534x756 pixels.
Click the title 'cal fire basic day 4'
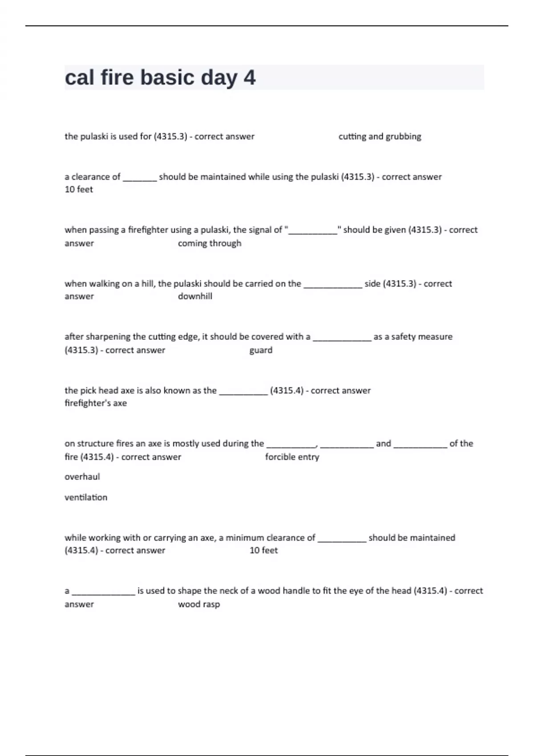[x=160, y=77]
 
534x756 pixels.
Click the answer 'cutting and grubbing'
[x=380, y=137]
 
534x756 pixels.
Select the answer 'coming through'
[x=210, y=243]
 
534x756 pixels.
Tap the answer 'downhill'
[x=195, y=296]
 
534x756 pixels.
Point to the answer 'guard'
[x=261, y=350]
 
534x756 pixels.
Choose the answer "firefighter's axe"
[x=96, y=403]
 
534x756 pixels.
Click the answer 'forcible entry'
[x=292, y=457]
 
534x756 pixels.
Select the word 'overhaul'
[x=82, y=477]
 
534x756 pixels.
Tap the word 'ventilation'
[x=86, y=497]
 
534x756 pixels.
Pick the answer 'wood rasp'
[x=199, y=604]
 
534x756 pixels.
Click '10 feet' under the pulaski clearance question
[x=79, y=189]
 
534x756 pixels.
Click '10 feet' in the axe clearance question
[x=263, y=550]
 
